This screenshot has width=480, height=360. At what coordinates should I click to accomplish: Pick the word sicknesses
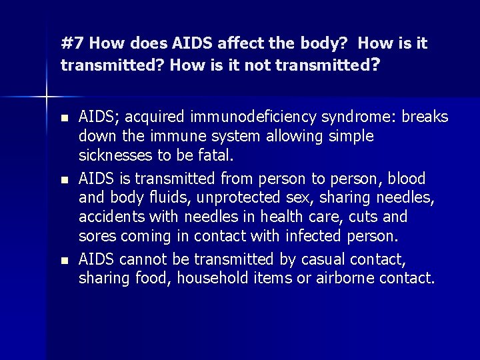point(115,156)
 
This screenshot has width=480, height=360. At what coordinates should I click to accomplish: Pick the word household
point(217,278)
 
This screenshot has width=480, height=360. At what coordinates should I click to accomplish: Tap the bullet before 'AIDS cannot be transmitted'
point(64,260)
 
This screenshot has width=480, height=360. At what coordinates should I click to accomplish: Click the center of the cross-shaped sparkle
point(46,97)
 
